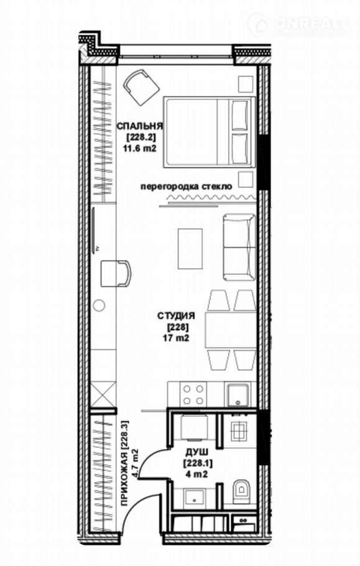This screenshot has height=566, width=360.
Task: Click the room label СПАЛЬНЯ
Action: (x=140, y=126)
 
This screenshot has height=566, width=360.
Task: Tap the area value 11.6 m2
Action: (x=141, y=149)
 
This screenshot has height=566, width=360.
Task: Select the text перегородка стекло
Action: (x=186, y=187)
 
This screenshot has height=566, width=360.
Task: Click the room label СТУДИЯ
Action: (x=177, y=316)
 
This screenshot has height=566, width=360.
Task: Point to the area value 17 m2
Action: (x=177, y=338)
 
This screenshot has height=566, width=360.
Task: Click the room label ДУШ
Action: (x=197, y=452)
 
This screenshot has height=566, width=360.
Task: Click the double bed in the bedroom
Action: (x=210, y=132)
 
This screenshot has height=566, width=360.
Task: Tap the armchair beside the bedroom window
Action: (x=141, y=86)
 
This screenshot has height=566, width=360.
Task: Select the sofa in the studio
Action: (x=239, y=248)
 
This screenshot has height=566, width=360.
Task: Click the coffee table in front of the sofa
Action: (x=190, y=249)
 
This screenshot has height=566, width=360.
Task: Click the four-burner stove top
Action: (x=193, y=394)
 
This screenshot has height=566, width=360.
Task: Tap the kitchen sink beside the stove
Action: (x=238, y=395)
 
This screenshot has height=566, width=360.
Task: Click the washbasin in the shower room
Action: (x=194, y=498)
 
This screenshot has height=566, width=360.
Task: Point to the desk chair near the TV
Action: (x=116, y=274)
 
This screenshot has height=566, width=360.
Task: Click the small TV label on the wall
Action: (x=97, y=248)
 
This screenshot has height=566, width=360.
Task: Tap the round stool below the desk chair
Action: (x=99, y=305)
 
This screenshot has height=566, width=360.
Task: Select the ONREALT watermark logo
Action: (x=298, y=24)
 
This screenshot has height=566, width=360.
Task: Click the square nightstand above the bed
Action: (x=246, y=84)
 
